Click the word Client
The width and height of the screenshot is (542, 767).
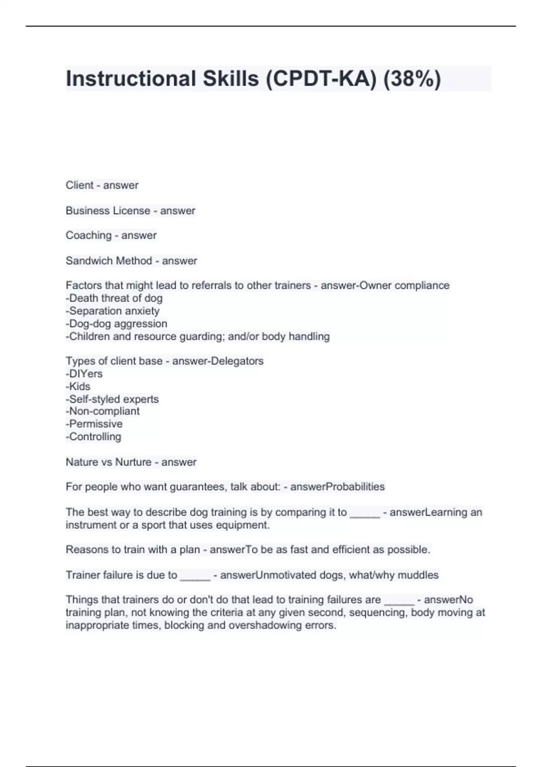pos(79,185)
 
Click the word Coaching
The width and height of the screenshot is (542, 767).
pos(88,236)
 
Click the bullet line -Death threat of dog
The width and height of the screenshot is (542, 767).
pos(114,298)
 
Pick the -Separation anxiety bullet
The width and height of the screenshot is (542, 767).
pos(112,311)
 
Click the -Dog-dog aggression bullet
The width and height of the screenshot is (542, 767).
pos(117,323)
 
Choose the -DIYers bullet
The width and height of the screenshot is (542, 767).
pos(84,374)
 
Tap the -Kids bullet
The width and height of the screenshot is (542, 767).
pos(78,386)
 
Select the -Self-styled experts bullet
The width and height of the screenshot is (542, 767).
pos(112,399)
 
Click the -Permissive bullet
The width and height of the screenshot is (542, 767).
pos(94,424)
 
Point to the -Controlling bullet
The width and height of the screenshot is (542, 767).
pos(93,437)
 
